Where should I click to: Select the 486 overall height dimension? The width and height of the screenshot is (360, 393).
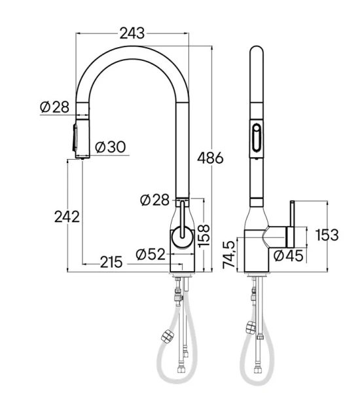210,158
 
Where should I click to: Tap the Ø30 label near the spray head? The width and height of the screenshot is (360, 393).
110,147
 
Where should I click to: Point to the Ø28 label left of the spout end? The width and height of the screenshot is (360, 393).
54,107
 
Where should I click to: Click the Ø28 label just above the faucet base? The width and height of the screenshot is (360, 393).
154,200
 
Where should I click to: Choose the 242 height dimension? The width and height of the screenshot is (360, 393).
66,216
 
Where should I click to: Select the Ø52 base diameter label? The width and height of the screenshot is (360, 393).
151,253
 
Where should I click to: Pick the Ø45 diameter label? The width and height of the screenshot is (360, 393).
289,256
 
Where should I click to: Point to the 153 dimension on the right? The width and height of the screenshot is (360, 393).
327,235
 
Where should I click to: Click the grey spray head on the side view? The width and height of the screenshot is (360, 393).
78,139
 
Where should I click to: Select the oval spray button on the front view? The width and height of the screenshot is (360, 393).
255,139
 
